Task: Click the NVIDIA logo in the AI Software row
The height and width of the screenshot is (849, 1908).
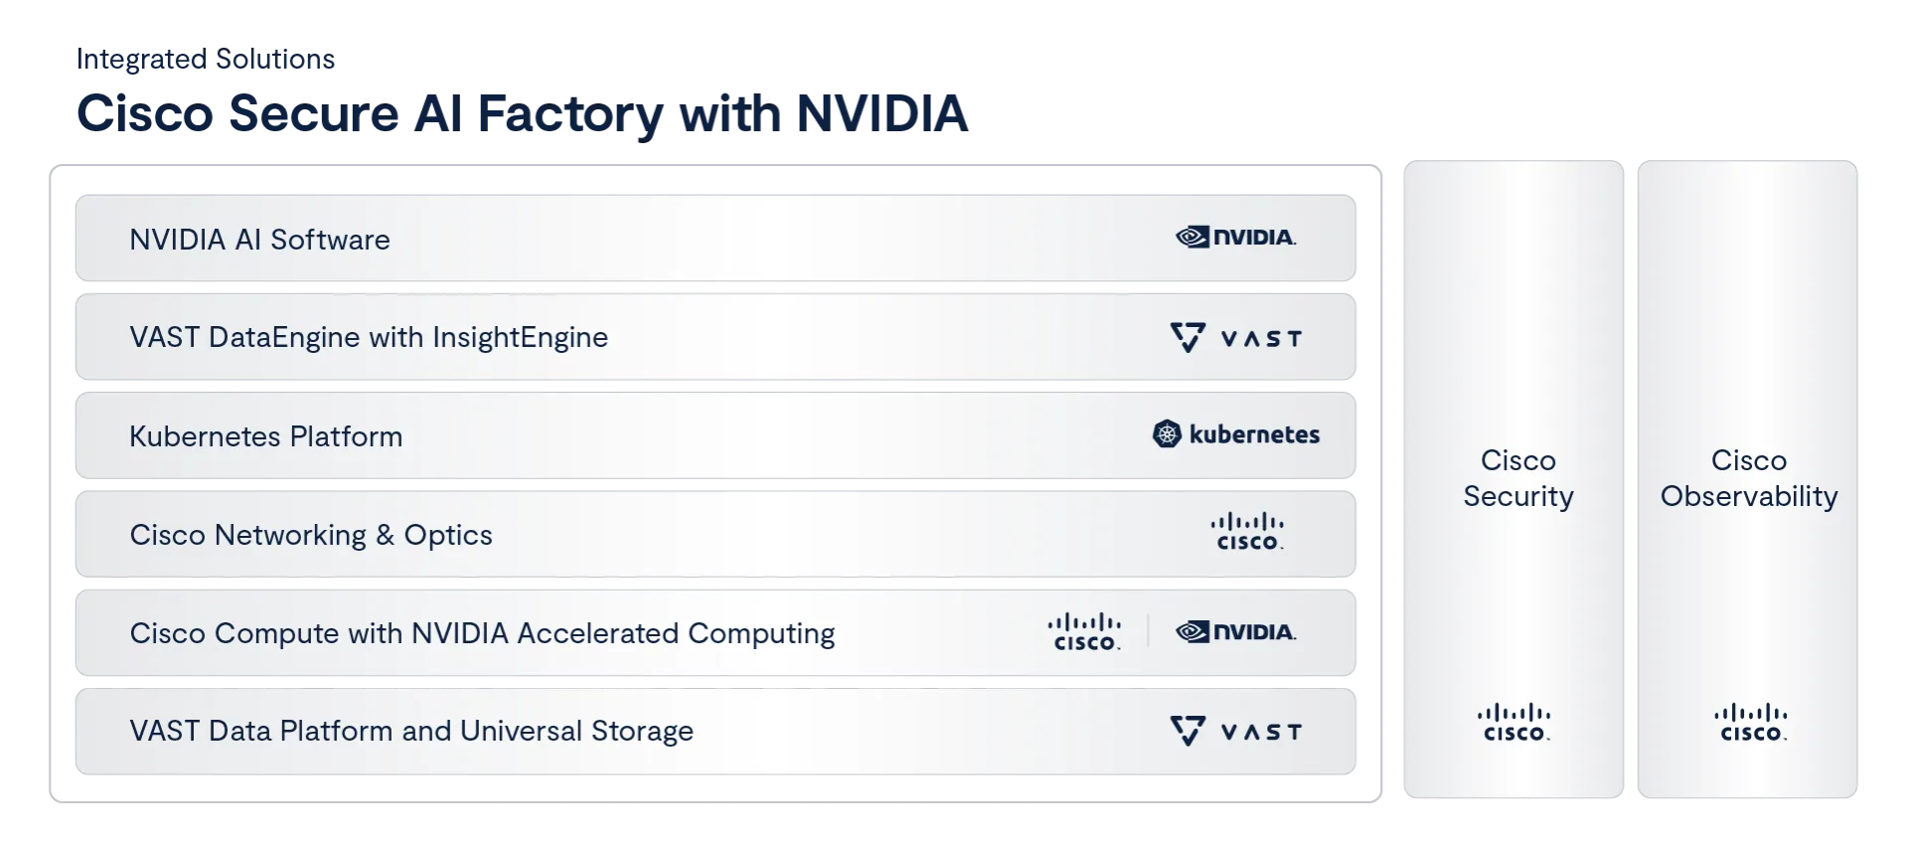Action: pos(1235,238)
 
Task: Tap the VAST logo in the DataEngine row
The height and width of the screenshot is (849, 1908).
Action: pos(1235,338)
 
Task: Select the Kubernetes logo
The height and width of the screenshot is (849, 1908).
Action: pos(1236,434)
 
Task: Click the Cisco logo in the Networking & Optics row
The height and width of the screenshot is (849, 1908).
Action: pos(1247,532)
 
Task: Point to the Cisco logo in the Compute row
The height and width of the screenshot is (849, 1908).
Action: pos(1084,632)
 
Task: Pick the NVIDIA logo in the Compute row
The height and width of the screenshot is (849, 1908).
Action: pos(1235,632)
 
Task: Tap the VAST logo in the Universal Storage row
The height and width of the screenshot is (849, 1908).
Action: pos(1235,732)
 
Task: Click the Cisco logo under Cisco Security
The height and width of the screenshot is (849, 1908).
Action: pos(1514,723)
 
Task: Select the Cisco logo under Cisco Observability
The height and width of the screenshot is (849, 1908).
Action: pos(1751,723)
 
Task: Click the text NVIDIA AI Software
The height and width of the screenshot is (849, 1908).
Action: pos(259,240)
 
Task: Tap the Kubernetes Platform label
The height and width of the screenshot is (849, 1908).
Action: pos(265,436)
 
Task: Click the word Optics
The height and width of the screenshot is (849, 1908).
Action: pos(447,535)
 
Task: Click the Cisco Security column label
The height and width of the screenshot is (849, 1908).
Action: pos(1517,478)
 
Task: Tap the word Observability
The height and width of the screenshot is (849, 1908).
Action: pos(1749,496)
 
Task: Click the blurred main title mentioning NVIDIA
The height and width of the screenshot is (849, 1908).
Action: pos(521,112)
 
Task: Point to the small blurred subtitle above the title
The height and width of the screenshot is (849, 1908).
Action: pos(206,60)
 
